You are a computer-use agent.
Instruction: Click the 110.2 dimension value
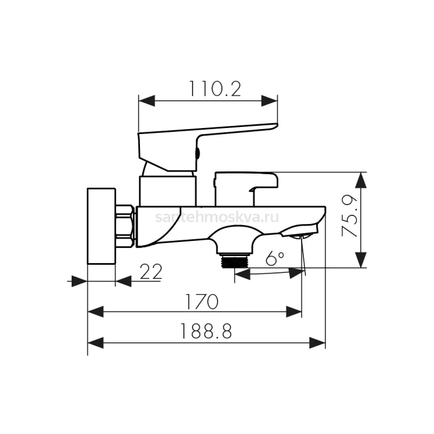(215, 89)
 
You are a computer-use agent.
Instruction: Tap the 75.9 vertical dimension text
(349, 216)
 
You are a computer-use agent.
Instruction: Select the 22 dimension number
(151, 272)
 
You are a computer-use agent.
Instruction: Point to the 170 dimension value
(202, 301)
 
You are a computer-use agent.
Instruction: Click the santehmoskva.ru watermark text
(217, 217)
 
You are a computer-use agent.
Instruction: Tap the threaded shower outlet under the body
(234, 261)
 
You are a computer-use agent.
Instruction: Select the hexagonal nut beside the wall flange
(125, 226)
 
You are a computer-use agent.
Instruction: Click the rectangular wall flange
(101, 226)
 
